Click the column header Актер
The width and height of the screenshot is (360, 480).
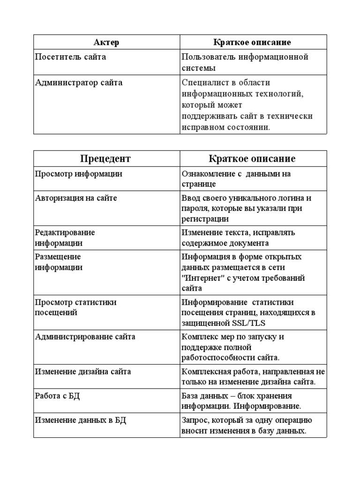pos(106,43)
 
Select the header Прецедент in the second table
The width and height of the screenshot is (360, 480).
pos(105,158)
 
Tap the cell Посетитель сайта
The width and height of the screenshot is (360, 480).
pos(71,57)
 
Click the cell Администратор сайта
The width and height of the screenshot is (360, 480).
pos(79,82)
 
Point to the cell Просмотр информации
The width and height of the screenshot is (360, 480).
pos(79,174)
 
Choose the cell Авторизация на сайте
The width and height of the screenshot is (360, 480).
pos(76,198)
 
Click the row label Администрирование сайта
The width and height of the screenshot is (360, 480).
pos(85,337)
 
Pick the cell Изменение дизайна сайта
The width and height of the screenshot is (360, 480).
pos(83,372)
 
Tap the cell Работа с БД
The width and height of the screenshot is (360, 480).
pos(58,396)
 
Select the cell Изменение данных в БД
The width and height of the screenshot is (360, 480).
pos(81,420)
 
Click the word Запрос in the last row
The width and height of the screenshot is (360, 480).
pos(194,420)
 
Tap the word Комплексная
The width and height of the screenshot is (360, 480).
pos(205,372)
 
